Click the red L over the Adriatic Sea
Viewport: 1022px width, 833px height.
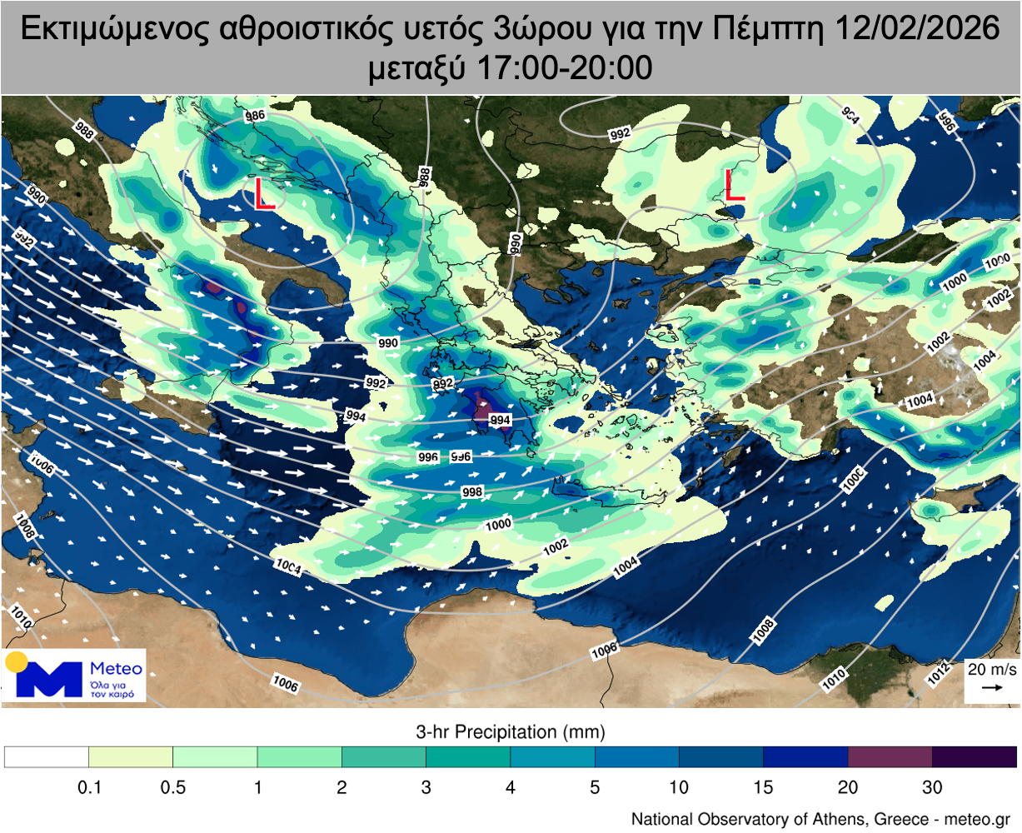(x=263, y=193)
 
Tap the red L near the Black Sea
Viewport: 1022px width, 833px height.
(x=734, y=185)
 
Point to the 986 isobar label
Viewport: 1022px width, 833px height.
(x=255, y=116)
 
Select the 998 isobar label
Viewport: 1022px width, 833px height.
(x=472, y=492)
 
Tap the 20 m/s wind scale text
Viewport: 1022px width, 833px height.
(x=991, y=669)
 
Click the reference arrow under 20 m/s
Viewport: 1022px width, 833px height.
(x=991, y=688)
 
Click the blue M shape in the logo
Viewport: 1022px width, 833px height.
(x=49, y=680)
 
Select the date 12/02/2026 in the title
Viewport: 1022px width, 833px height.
(x=916, y=28)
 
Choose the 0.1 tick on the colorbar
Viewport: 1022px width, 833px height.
(x=89, y=787)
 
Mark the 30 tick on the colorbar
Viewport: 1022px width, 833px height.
(x=932, y=787)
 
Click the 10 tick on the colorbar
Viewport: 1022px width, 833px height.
(x=679, y=787)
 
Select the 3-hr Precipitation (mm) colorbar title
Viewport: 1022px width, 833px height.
(x=510, y=732)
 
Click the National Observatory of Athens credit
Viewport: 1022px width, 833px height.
(x=820, y=819)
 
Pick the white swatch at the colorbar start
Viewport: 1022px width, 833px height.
(x=47, y=756)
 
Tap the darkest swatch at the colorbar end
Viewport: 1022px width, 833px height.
(x=974, y=756)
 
